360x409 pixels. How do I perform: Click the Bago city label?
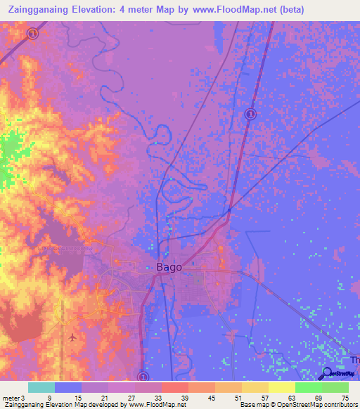[168, 267]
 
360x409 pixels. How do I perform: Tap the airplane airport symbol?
[72, 337]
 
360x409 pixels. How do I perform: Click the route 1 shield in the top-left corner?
[32, 33]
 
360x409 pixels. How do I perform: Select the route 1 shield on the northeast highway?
[250, 114]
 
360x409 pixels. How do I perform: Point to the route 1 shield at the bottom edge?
[143, 377]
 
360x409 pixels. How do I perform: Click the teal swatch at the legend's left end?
[41, 387]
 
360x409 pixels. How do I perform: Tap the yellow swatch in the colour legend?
[282, 387]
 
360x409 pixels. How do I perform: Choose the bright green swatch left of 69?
[308, 387]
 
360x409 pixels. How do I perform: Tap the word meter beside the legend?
[11, 397]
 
